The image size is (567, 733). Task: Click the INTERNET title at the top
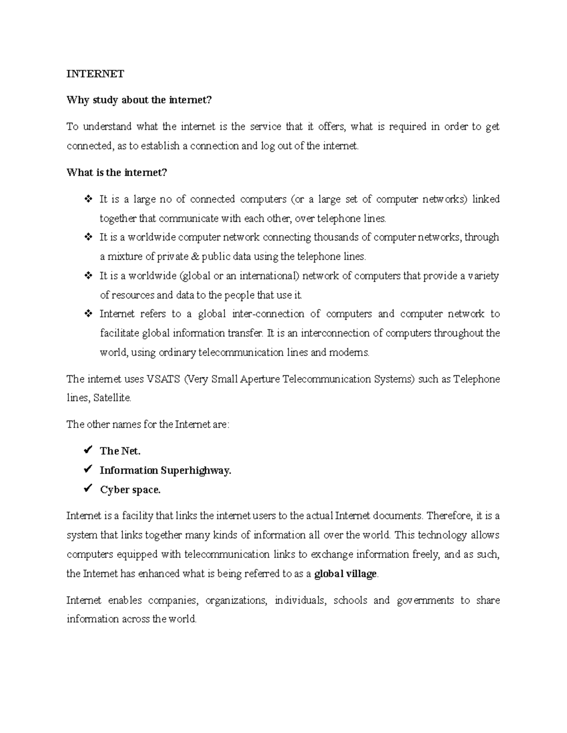coord(95,74)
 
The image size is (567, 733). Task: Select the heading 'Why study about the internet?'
coord(139,100)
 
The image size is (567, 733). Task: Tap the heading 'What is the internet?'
coord(117,173)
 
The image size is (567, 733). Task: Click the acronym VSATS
coord(163,379)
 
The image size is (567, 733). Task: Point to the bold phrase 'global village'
coord(345,574)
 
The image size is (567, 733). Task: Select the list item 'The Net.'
coord(120,451)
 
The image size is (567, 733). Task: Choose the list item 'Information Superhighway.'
coord(165,471)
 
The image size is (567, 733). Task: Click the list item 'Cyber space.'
coord(130,490)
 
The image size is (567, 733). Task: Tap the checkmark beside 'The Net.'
coord(87,451)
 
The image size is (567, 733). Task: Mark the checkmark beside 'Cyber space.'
coord(87,489)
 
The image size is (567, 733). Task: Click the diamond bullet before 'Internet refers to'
coord(87,314)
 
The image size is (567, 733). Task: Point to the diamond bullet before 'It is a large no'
coord(87,199)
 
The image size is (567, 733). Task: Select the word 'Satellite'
coord(112,398)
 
